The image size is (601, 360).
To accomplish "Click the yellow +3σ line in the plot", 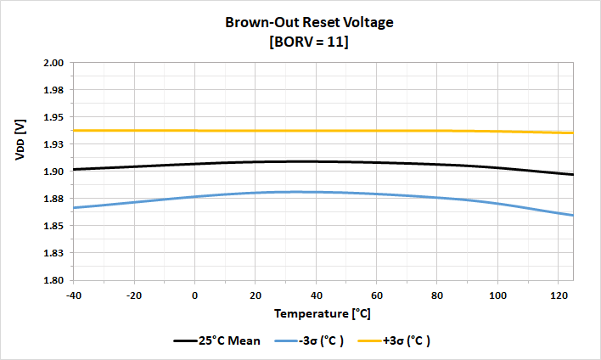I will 255,131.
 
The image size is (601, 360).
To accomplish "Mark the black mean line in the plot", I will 255,161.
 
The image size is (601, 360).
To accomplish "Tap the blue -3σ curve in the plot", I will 255,193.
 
